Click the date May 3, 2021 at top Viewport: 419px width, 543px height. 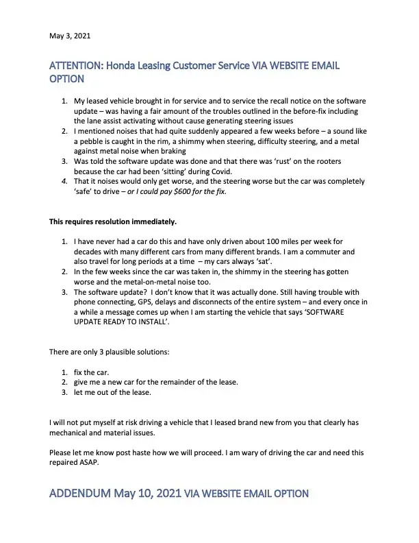pos(70,35)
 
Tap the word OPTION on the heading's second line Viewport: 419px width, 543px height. pos(67,80)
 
